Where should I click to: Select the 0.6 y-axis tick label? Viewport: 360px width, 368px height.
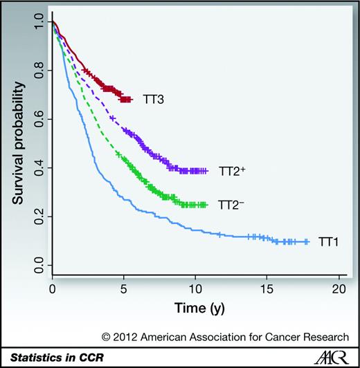(x=39, y=118)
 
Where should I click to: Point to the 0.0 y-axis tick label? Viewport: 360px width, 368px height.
(x=39, y=264)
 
